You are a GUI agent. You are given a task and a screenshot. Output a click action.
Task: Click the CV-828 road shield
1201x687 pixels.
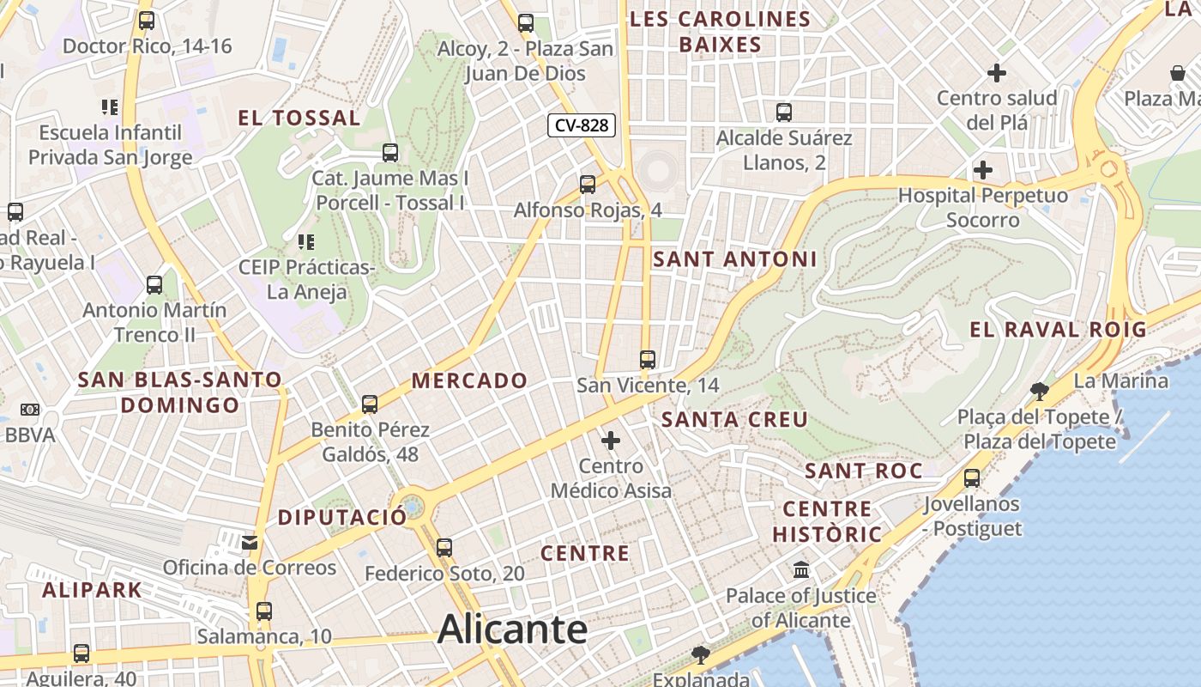(582, 125)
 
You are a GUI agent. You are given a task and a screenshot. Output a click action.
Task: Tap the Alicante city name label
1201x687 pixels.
(512, 629)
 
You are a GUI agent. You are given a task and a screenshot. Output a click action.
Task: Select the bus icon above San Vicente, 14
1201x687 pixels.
(648, 360)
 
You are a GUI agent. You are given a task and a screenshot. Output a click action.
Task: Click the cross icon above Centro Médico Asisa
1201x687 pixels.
(611, 441)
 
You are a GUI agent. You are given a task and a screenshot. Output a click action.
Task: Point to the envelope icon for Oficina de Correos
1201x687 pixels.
(250, 542)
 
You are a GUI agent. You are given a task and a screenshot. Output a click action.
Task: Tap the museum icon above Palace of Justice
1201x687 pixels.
(801, 569)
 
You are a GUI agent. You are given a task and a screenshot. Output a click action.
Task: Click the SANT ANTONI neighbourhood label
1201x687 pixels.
(735, 258)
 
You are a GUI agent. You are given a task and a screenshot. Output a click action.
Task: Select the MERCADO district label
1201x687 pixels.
(469, 380)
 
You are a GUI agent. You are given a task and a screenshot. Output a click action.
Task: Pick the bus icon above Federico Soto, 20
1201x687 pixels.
(444, 547)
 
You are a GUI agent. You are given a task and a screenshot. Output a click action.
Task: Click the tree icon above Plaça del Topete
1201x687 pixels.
(1039, 392)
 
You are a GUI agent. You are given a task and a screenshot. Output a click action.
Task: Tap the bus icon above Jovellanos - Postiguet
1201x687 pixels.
(972, 477)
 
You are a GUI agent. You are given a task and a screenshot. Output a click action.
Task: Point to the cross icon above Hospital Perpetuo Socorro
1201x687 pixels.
(983, 169)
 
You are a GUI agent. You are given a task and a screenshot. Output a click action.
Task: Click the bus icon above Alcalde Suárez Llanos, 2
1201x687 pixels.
(784, 112)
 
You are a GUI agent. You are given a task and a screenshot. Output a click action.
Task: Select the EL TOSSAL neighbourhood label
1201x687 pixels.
(299, 118)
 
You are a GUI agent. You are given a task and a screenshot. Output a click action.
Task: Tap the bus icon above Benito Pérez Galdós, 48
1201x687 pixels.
(370, 404)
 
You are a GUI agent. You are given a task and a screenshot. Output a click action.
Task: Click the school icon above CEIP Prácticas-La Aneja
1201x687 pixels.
(306, 241)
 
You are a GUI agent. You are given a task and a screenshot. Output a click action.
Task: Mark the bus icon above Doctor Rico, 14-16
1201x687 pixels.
(147, 21)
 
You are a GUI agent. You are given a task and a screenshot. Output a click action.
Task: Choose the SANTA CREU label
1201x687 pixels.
(735, 419)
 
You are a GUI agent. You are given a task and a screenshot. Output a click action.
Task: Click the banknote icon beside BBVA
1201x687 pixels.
(30, 410)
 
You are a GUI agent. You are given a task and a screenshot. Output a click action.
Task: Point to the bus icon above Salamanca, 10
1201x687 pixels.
(263, 611)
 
